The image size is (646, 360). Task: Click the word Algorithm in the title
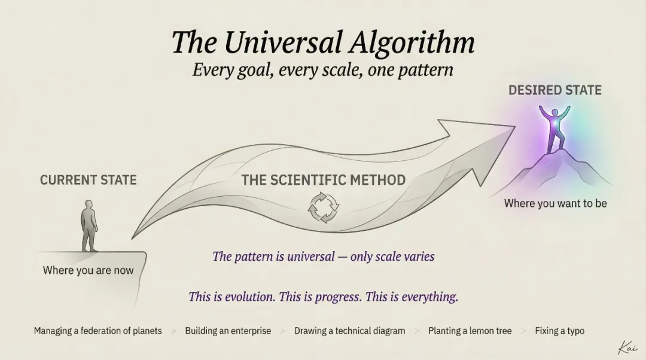pyautogui.click(x=412, y=42)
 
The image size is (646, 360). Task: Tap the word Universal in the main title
pyautogui.click(x=284, y=42)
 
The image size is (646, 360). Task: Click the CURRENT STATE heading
pyautogui.click(x=88, y=180)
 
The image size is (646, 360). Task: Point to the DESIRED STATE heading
pyautogui.click(x=555, y=90)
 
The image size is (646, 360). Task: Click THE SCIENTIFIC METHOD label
pyautogui.click(x=324, y=180)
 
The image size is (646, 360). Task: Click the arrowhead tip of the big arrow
pyautogui.click(x=515, y=127)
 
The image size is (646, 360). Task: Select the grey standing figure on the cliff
pyautogui.click(x=89, y=225)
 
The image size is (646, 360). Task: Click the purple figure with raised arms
pyautogui.click(x=554, y=129)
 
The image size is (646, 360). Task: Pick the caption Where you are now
pyautogui.click(x=88, y=271)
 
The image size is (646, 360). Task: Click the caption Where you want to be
pyautogui.click(x=555, y=203)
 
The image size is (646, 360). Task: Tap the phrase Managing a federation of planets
pyautogui.click(x=97, y=331)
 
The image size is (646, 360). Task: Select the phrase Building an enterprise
pyautogui.click(x=228, y=331)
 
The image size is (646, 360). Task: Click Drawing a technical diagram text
pyautogui.click(x=349, y=331)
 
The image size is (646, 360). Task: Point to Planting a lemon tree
pyautogui.click(x=470, y=331)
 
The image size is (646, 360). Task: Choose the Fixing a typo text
pyautogui.click(x=559, y=331)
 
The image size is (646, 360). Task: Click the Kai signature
pyautogui.click(x=628, y=347)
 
